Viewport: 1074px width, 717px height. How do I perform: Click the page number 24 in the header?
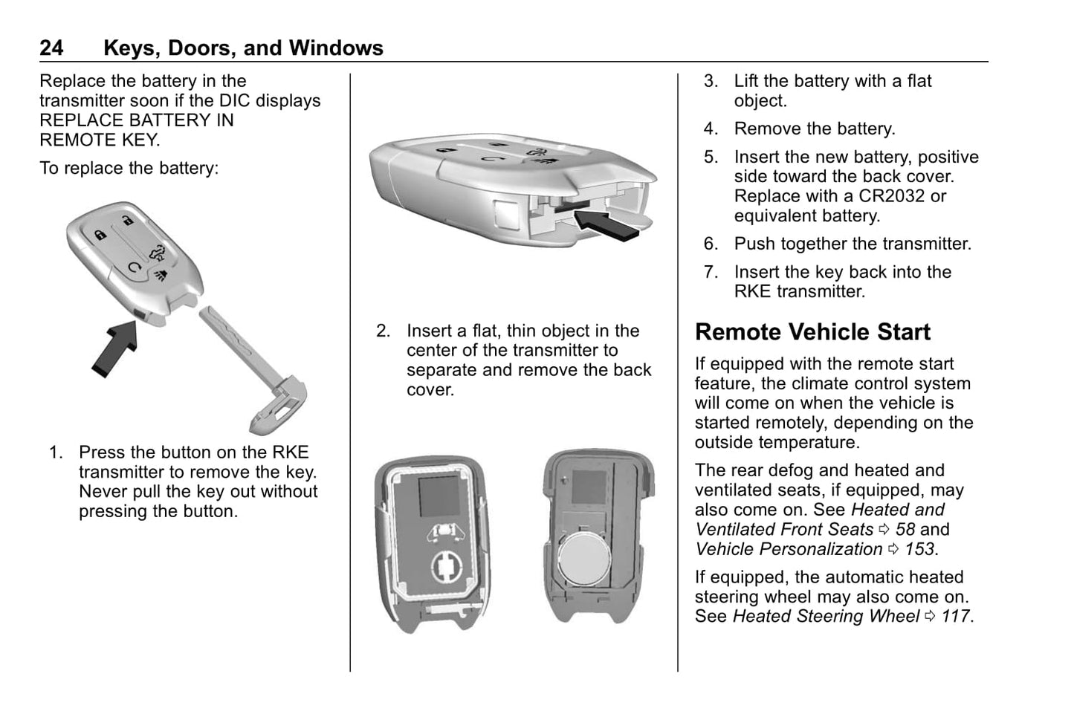[x=51, y=48]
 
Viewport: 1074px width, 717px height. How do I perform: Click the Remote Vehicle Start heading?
[x=812, y=332]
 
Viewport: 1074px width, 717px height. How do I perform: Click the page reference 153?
[x=920, y=549]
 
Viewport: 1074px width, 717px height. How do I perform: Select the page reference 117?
[x=956, y=617]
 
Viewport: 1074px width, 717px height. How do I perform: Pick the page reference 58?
[x=905, y=530]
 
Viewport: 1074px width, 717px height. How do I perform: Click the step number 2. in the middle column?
[x=383, y=331]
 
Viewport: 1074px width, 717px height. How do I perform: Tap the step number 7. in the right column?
[x=711, y=273]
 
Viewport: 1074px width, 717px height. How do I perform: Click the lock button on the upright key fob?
[x=100, y=236]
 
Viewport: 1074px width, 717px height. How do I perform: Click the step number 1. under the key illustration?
[x=56, y=452]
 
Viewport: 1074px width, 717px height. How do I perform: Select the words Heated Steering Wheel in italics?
[x=826, y=617]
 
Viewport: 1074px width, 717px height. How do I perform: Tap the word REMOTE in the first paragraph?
[x=77, y=140]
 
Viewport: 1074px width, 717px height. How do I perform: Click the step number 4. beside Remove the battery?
[x=711, y=129]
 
